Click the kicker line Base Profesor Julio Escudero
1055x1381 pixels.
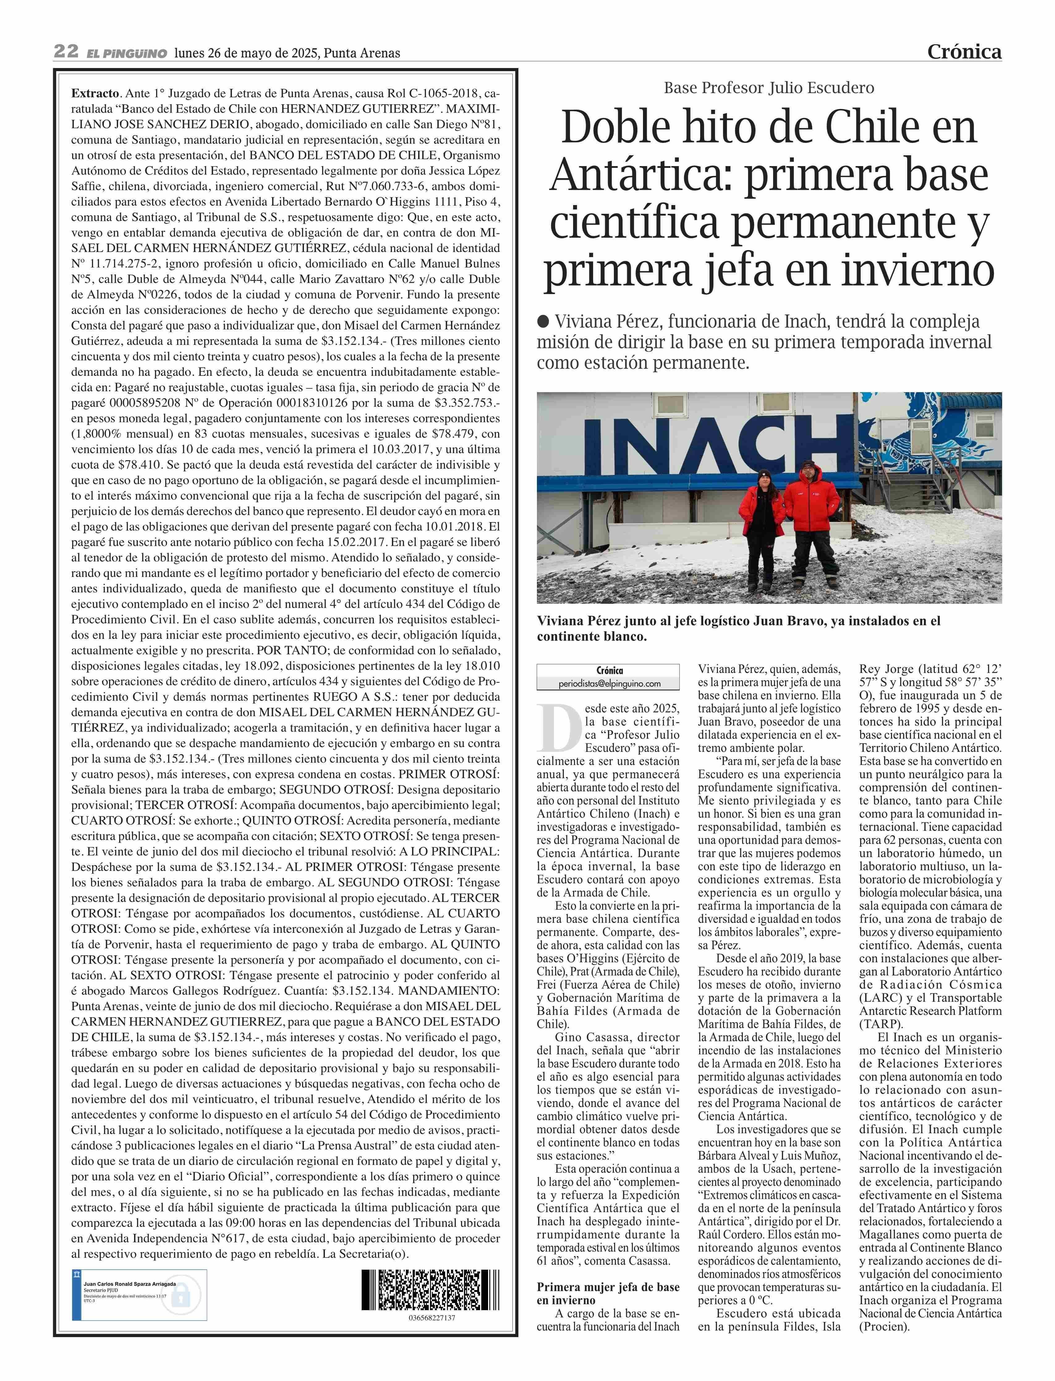click(x=769, y=88)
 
